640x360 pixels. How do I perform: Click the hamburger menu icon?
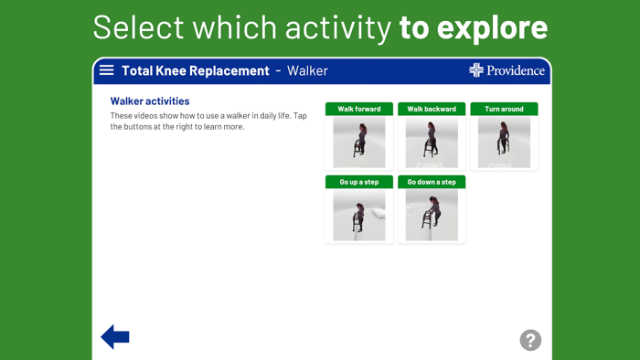107,70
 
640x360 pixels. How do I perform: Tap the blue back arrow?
115,337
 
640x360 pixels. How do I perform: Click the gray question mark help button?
530,340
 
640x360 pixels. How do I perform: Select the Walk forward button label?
359,109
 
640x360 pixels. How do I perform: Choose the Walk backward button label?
432,109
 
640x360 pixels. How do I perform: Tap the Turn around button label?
504,109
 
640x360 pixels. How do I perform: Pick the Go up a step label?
359,182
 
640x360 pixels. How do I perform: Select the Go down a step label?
432,182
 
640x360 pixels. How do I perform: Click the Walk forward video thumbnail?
359,143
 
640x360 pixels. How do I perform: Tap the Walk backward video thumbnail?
432,143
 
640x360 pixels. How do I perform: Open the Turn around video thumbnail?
504,143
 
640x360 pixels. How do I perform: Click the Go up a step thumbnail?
359,216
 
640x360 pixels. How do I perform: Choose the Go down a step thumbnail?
432,216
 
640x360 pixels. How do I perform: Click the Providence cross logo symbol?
476,70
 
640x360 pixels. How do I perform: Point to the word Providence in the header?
515,70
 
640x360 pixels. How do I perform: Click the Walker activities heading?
150,101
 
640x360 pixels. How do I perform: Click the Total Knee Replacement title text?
196,70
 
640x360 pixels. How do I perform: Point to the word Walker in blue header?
307,70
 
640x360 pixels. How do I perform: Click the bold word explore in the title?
492,27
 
